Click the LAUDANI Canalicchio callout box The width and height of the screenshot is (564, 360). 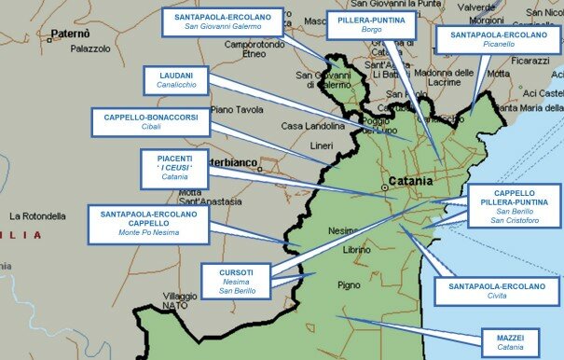coord(174,79)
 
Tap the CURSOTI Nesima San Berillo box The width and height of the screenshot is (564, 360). coord(235,281)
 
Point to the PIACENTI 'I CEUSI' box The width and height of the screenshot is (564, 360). coord(174,167)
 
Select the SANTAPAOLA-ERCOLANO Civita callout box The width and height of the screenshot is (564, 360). coord(496,292)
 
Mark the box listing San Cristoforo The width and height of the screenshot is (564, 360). coord(514,206)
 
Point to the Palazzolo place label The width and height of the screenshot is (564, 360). coord(90,48)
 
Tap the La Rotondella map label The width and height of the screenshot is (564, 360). coord(37,216)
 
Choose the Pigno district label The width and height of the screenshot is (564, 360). coord(349,285)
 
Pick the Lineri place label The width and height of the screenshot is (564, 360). coord(321,146)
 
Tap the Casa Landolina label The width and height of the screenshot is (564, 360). coord(313,126)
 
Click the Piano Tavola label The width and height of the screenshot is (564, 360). coord(237,109)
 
